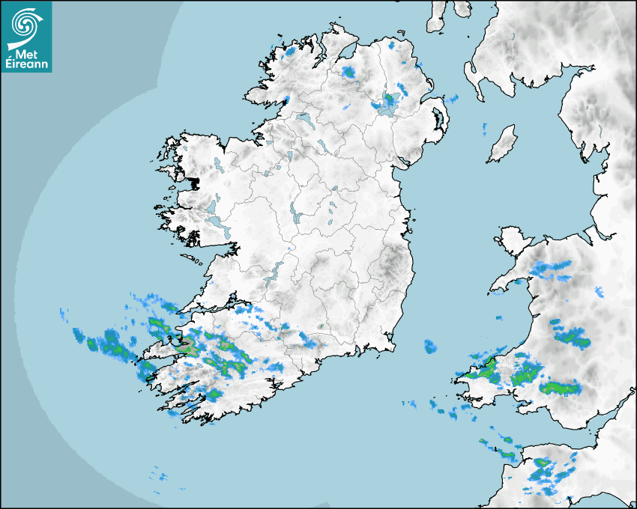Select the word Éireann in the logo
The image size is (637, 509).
click(x=27, y=64)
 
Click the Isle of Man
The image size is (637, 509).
click(x=502, y=144)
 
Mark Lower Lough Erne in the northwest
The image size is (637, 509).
click(x=304, y=118)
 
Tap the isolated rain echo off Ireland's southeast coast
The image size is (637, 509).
click(x=429, y=347)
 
